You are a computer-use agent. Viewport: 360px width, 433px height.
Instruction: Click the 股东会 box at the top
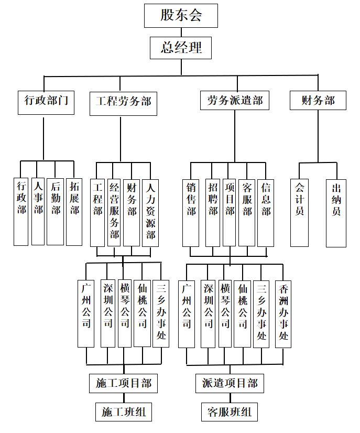pyautogui.click(x=181, y=16)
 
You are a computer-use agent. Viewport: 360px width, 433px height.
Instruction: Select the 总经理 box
pyautogui.click(x=181, y=48)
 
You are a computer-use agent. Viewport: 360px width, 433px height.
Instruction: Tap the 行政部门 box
pyautogui.click(x=46, y=103)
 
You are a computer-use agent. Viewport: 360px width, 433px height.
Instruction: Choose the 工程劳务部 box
pyautogui.click(x=123, y=104)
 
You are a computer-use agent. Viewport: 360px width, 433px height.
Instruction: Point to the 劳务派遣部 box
pyautogui.click(x=235, y=100)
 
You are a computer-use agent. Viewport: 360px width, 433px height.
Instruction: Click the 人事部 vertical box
pyautogui.click(x=38, y=211)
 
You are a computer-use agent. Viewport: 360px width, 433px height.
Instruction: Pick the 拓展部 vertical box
pyautogui.click(x=74, y=212)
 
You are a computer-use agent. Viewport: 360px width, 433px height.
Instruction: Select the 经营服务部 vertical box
pyautogui.click(x=114, y=213)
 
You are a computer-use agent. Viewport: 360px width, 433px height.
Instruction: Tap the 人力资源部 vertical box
pyautogui.click(x=150, y=213)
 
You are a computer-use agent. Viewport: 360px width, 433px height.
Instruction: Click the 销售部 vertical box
pyautogui.click(x=191, y=213)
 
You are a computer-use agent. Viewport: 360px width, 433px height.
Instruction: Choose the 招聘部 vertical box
pyautogui.click(x=213, y=213)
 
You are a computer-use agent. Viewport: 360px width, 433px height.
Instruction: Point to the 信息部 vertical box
pyautogui.click(x=266, y=213)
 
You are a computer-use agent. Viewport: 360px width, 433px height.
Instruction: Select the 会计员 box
pyautogui.click(x=300, y=213)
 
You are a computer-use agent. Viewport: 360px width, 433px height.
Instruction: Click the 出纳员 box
pyautogui.click(x=336, y=213)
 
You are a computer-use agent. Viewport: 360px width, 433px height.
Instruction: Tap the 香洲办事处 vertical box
pyautogui.click(x=283, y=314)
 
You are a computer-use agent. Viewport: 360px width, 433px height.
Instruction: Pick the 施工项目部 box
pyautogui.click(x=123, y=383)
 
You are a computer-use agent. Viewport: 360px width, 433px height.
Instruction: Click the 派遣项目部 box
pyautogui.click(x=230, y=383)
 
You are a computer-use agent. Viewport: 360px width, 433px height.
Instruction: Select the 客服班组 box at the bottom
pyautogui.click(x=230, y=412)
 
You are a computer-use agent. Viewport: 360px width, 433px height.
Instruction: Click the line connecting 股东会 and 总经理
pyautogui.click(x=181, y=33)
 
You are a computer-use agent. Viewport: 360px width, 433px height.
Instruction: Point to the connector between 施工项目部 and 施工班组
pyautogui.click(x=124, y=398)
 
